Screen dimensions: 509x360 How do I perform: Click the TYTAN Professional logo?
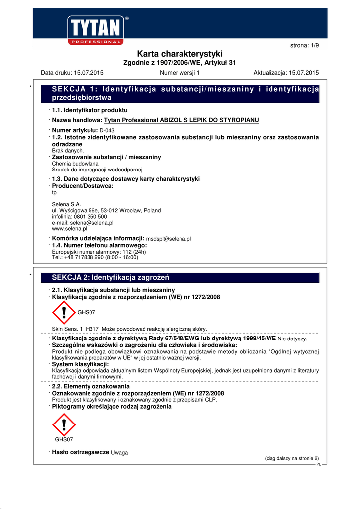point(95,30)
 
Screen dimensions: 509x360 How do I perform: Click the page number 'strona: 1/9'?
point(304,45)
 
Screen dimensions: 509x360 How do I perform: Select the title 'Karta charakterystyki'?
point(180,54)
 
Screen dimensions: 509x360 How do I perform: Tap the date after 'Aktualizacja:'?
point(303,73)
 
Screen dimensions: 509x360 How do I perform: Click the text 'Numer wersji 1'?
point(180,73)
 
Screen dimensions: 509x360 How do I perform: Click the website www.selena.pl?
point(70,229)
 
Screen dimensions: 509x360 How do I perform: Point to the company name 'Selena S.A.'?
point(66,204)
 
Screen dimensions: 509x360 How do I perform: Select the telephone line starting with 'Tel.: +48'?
point(95,257)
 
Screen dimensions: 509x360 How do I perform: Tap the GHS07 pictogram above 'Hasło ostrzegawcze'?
point(64,424)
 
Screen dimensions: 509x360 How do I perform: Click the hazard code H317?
point(92,329)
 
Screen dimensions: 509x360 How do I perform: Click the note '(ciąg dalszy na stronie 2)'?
point(292,458)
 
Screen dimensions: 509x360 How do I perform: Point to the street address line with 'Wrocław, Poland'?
point(106,210)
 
